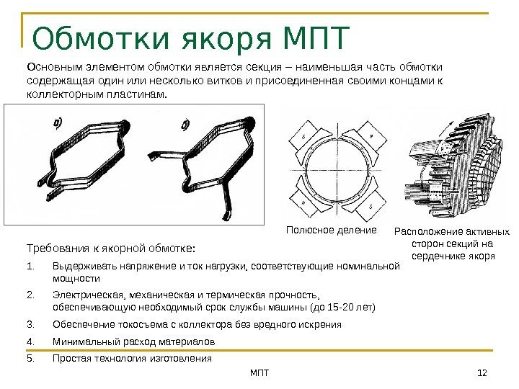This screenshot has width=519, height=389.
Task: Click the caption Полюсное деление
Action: point(332,231)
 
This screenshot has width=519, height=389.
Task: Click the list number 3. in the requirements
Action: point(30,324)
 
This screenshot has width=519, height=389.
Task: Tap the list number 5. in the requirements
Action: point(30,358)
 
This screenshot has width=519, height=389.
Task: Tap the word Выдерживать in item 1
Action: point(82,268)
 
